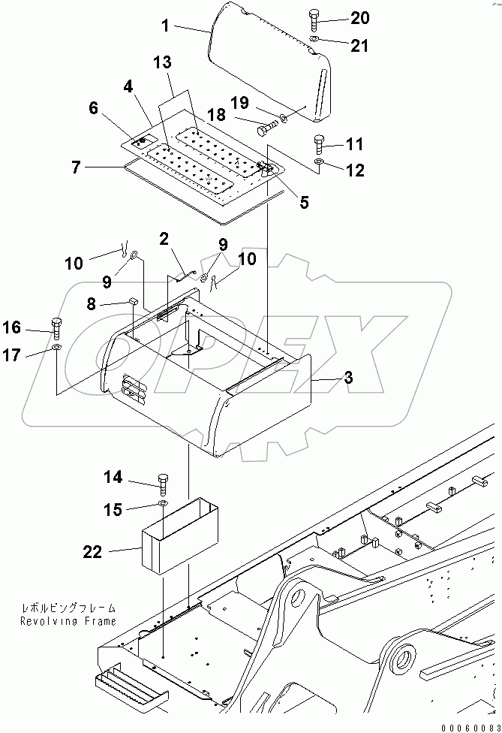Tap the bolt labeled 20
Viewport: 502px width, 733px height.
(314, 19)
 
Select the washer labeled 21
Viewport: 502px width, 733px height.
(316, 41)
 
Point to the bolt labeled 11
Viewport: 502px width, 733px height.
(317, 141)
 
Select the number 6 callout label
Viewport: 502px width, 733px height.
(94, 108)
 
